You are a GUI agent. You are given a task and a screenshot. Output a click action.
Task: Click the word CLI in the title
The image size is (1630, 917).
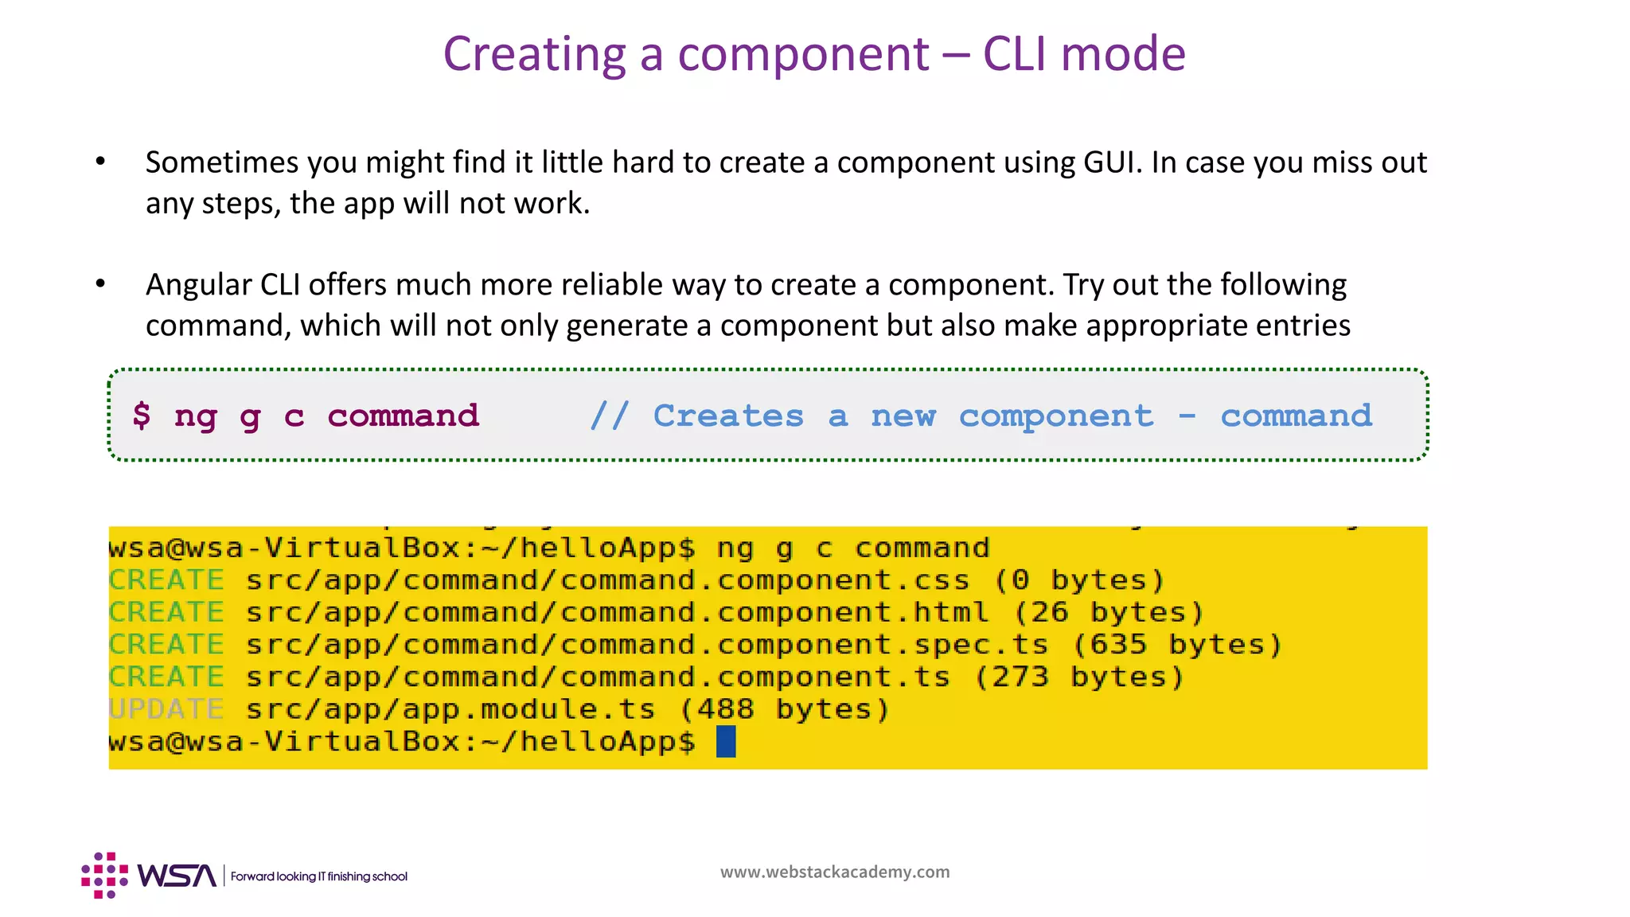(1015, 54)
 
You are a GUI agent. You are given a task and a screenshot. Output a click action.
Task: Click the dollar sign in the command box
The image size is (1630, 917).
(142, 415)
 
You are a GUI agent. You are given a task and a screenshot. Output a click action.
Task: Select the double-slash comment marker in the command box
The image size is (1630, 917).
(610, 416)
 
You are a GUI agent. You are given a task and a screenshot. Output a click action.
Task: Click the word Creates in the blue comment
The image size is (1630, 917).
(728, 416)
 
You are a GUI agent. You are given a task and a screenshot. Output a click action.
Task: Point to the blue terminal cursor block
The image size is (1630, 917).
(726, 742)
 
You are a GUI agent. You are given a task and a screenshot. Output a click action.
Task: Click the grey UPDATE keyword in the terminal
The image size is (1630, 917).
(166, 709)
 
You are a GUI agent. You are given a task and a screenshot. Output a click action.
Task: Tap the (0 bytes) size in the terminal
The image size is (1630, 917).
(1080, 580)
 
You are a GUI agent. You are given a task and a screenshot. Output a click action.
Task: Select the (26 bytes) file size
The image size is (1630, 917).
(1109, 612)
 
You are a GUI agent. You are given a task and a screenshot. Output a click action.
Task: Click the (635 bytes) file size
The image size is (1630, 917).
(1178, 645)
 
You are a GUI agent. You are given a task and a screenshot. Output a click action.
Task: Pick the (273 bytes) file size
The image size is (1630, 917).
(1080, 677)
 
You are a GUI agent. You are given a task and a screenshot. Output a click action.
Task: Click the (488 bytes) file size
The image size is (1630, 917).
(785, 709)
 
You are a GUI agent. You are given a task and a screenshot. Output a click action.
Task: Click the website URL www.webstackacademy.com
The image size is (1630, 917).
(835, 872)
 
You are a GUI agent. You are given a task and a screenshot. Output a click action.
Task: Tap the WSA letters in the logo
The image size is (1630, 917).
(177, 876)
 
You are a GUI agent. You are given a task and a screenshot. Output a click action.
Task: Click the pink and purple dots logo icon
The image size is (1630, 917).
(104, 876)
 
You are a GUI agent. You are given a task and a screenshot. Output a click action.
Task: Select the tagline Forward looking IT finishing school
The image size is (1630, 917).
(319, 876)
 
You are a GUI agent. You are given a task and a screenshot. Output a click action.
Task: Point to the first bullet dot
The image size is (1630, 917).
(100, 162)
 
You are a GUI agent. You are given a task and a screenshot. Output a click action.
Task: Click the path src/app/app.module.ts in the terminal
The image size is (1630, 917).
(450, 709)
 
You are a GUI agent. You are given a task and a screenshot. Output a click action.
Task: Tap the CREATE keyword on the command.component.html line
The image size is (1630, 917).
(166, 612)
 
